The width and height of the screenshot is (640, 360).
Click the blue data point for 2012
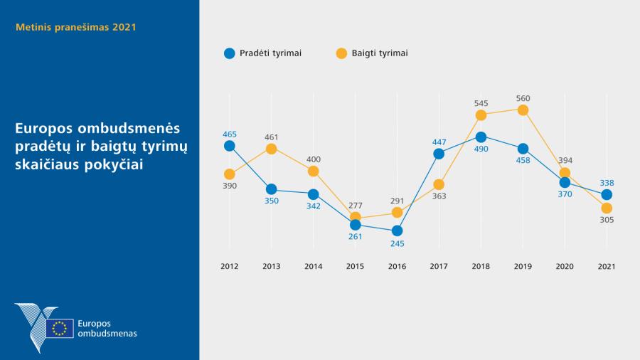click(229, 146)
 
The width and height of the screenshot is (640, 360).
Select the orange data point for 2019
click(523, 110)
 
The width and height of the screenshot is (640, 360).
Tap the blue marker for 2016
click(397, 231)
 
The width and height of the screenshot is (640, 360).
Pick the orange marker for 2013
click(271, 149)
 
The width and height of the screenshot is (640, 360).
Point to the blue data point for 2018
click(481, 137)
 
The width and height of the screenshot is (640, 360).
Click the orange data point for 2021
click(607, 208)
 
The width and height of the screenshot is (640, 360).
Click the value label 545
click(481, 103)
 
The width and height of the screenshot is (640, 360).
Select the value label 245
click(397, 243)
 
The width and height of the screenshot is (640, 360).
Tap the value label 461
click(271, 137)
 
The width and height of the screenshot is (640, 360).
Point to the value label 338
click(607, 183)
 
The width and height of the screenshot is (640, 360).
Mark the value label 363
click(439, 196)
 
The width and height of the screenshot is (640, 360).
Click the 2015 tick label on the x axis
click(355, 266)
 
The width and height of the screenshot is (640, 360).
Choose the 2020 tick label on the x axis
click(565, 266)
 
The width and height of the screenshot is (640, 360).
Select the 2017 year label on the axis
click(439, 266)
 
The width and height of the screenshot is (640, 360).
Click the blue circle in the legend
click(229, 53)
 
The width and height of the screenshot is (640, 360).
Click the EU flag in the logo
click(60, 328)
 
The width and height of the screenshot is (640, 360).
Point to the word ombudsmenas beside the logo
click(107, 333)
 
